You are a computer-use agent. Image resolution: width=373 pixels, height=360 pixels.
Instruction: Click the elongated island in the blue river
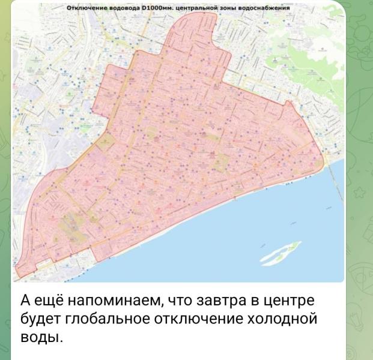tap(281, 252)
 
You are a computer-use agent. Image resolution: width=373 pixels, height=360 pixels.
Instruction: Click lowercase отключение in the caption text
tap(194, 319)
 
